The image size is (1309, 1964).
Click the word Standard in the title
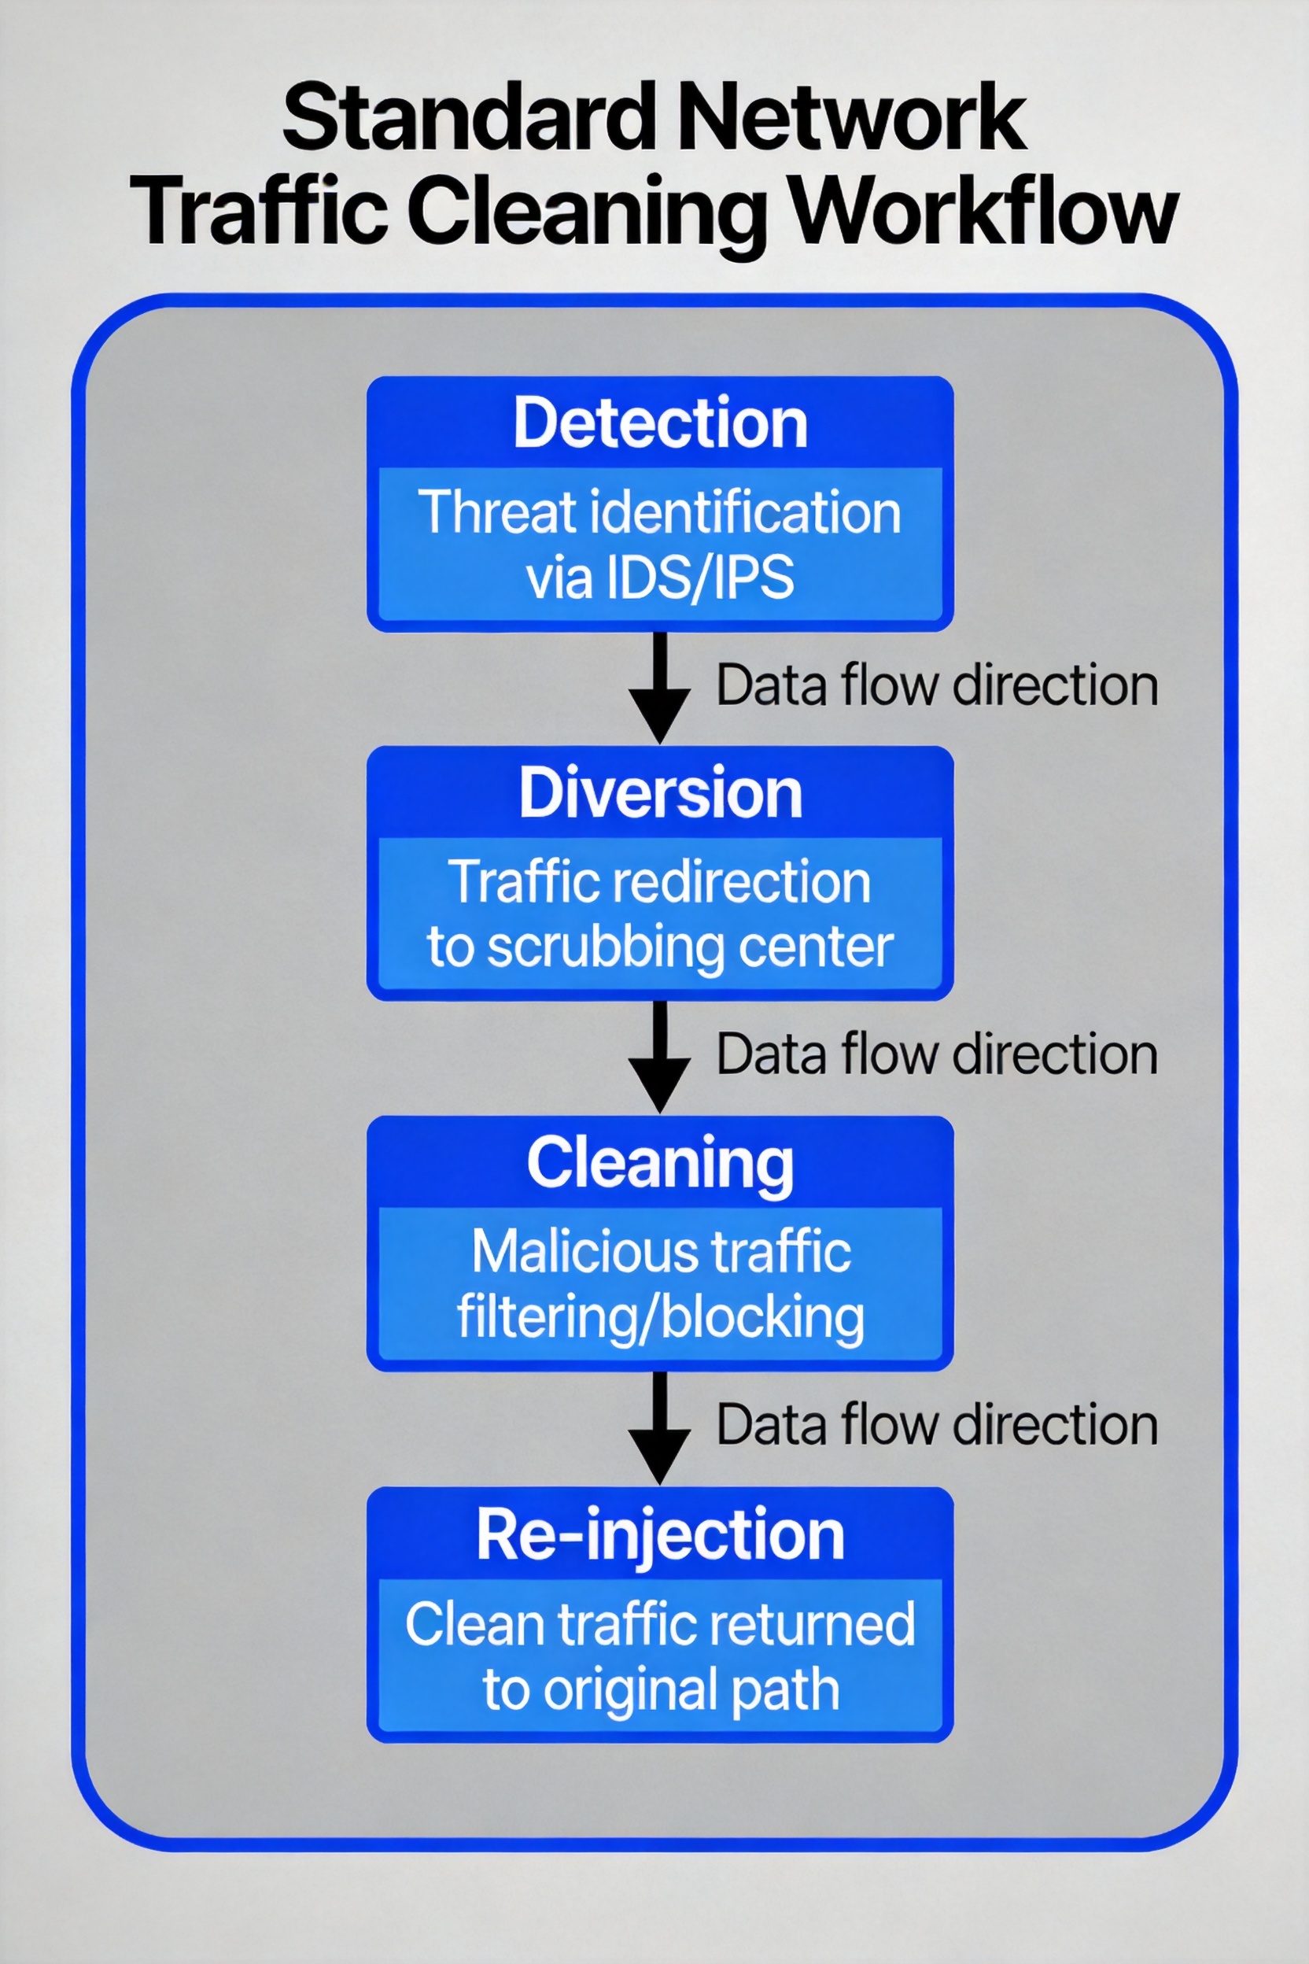tap(466, 117)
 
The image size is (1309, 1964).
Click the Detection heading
tap(660, 423)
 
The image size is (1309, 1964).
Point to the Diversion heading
tap(660, 792)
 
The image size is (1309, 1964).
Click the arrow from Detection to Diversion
tap(659, 687)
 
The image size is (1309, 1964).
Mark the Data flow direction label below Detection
tap(937, 685)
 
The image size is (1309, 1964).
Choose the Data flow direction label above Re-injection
tap(937, 1423)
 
